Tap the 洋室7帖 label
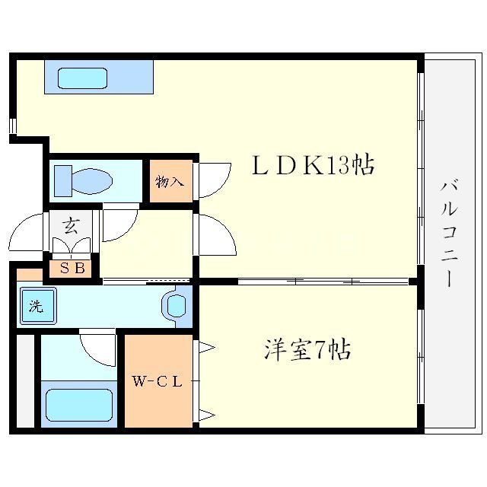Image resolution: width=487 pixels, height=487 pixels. coord(307,350)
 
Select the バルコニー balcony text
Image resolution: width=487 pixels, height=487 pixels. coord(449,232)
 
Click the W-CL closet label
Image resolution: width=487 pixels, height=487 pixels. coord(158,382)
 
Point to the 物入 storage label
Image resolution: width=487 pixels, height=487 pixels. coord(170,182)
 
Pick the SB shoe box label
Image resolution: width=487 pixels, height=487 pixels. coord(71,268)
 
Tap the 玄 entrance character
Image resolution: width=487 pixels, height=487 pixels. coord(71,226)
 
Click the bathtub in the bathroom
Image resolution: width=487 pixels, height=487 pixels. coord(78,404)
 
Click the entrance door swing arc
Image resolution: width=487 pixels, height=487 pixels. coord(29,231)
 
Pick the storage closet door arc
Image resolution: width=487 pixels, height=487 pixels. coord(214,180)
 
